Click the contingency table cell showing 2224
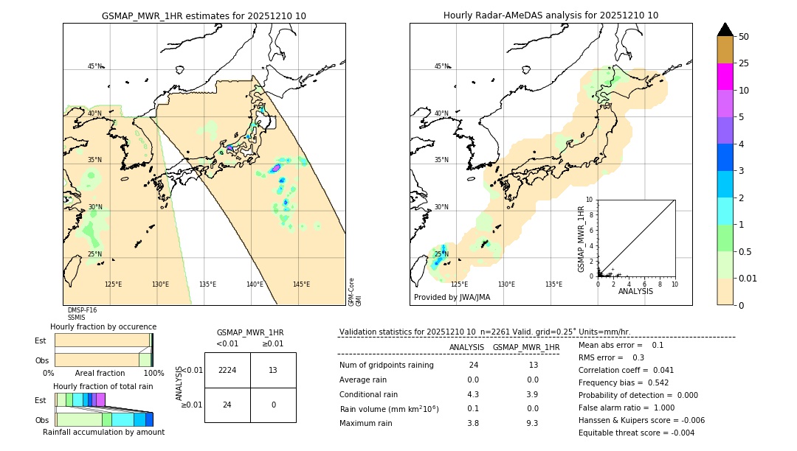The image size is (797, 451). coord(227,370)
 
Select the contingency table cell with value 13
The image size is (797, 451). coord(273,370)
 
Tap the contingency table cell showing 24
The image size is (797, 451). coord(227,405)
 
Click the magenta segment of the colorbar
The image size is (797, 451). coord(725,77)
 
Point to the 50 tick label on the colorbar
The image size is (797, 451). coord(744,37)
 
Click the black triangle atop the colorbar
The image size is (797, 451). coord(725,29)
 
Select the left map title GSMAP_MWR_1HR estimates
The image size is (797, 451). coord(204,15)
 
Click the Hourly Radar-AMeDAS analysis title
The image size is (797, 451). coord(551,15)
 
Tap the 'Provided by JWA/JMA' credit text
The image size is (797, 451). coord(452,298)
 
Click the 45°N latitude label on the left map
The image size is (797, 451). coord(94,66)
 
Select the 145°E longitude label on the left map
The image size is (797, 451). coord(301,284)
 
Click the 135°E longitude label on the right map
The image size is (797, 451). coord(553,284)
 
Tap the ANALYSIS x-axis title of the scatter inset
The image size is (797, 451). coord(636,292)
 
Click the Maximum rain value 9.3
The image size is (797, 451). coord(531,423)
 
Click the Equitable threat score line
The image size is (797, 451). coord(636,433)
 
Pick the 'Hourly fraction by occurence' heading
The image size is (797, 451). coord(103,326)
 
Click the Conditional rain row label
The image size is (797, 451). coord(368,394)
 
